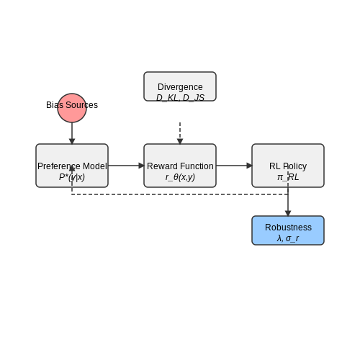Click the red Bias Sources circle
click(x=72, y=108)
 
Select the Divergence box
click(x=180, y=86)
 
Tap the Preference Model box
click(x=72, y=166)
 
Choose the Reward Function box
click(x=180, y=166)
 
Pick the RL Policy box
click(x=288, y=166)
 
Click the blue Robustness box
click(x=288, y=230)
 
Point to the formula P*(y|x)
click(x=72, y=177)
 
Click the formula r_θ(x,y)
click(x=180, y=177)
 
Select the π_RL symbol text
click(x=288, y=177)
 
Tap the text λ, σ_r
click(x=288, y=238)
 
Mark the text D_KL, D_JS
click(x=180, y=98)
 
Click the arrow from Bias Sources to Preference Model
click(x=72, y=133)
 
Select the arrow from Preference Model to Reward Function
click(x=126, y=166)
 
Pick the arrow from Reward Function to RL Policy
click(x=234, y=166)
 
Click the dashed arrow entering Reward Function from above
click(x=180, y=133)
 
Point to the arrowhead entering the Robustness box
click(x=288, y=213)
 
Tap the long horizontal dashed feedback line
click(x=180, y=194)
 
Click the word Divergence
click(x=180, y=87)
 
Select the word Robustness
click(x=288, y=228)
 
